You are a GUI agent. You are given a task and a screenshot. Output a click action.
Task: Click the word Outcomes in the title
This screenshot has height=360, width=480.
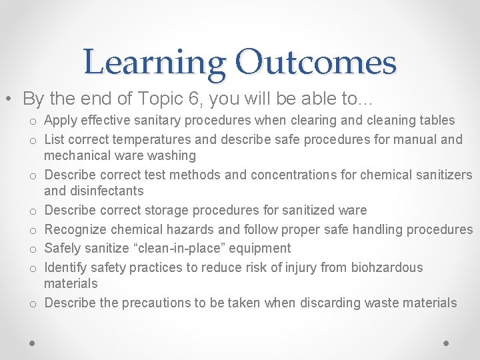coord(316,63)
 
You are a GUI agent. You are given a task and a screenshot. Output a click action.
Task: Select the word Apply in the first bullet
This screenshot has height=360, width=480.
coord(61,120)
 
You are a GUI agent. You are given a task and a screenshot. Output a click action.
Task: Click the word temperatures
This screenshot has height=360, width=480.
coord(158,139)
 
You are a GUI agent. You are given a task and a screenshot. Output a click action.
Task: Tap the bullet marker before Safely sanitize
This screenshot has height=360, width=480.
coord(32,249)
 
